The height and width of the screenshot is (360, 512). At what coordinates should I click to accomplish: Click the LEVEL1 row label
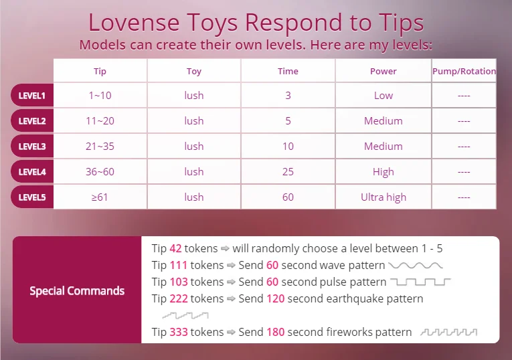[32, 96]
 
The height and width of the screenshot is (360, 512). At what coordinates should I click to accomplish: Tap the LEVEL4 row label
[32, 172]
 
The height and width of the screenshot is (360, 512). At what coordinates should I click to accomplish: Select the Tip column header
[100, 71]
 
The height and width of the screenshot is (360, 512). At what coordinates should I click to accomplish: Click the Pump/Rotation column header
[464, 71]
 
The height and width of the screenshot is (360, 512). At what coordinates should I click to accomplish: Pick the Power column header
[383, 71]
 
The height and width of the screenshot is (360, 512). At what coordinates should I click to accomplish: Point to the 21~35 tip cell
[100, 147]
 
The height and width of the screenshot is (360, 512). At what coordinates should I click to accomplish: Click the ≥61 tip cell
[100, 197]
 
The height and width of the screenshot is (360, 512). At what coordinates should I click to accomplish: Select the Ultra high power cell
[383, 197]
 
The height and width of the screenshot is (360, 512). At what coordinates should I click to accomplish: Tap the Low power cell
[383, 95]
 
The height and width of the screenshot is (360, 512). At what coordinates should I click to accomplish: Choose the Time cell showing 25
[288, 172]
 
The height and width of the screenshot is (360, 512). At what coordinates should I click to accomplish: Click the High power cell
[383, 172]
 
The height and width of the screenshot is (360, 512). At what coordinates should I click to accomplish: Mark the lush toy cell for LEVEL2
[194, 120]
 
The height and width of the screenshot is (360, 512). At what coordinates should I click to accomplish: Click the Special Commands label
[77, 291]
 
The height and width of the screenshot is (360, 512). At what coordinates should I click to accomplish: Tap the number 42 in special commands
[175, 248]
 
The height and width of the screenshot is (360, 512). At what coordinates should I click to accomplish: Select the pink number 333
[179, 332]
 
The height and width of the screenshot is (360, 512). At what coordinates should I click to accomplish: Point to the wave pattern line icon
[416, 266]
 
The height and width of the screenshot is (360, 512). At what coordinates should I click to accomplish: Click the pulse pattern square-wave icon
[420, 282]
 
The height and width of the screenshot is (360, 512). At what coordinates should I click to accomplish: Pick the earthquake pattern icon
[185, 315]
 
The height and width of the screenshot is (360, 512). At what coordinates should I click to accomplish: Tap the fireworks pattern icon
[449, 333]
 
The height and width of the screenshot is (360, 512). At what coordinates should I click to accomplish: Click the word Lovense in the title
[134, 23]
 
